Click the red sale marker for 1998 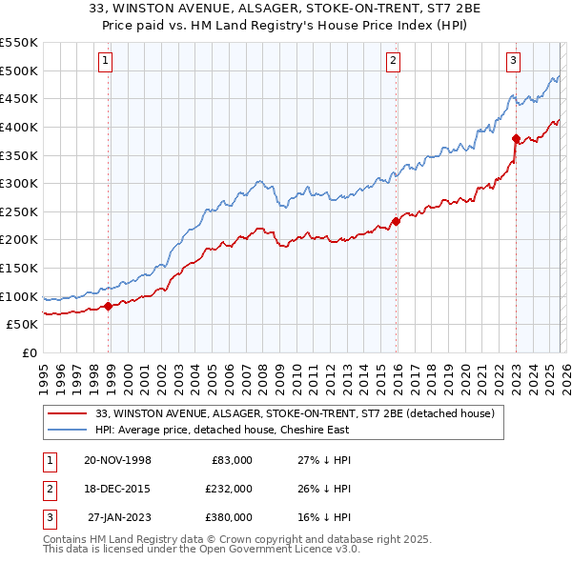[108, 306]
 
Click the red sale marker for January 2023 [516, 138]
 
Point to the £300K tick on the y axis [20, 183]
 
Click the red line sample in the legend [69, 414]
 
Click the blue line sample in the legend [69, 431]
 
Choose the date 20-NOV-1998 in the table [118, 460]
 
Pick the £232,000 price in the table [228, 489]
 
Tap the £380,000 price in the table [228, 517]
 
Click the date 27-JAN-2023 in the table [118, 517]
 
